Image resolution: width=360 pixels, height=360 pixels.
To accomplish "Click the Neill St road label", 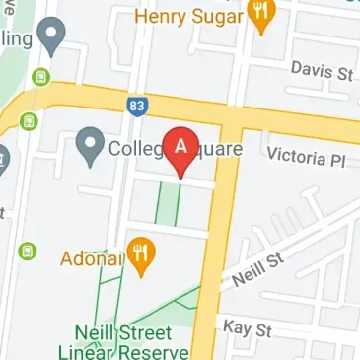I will click(x=257, y=268).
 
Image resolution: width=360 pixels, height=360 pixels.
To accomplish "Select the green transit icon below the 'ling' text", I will click(x=41, y=76).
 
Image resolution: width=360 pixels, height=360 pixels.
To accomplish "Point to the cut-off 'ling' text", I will click(x=17, y=38).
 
